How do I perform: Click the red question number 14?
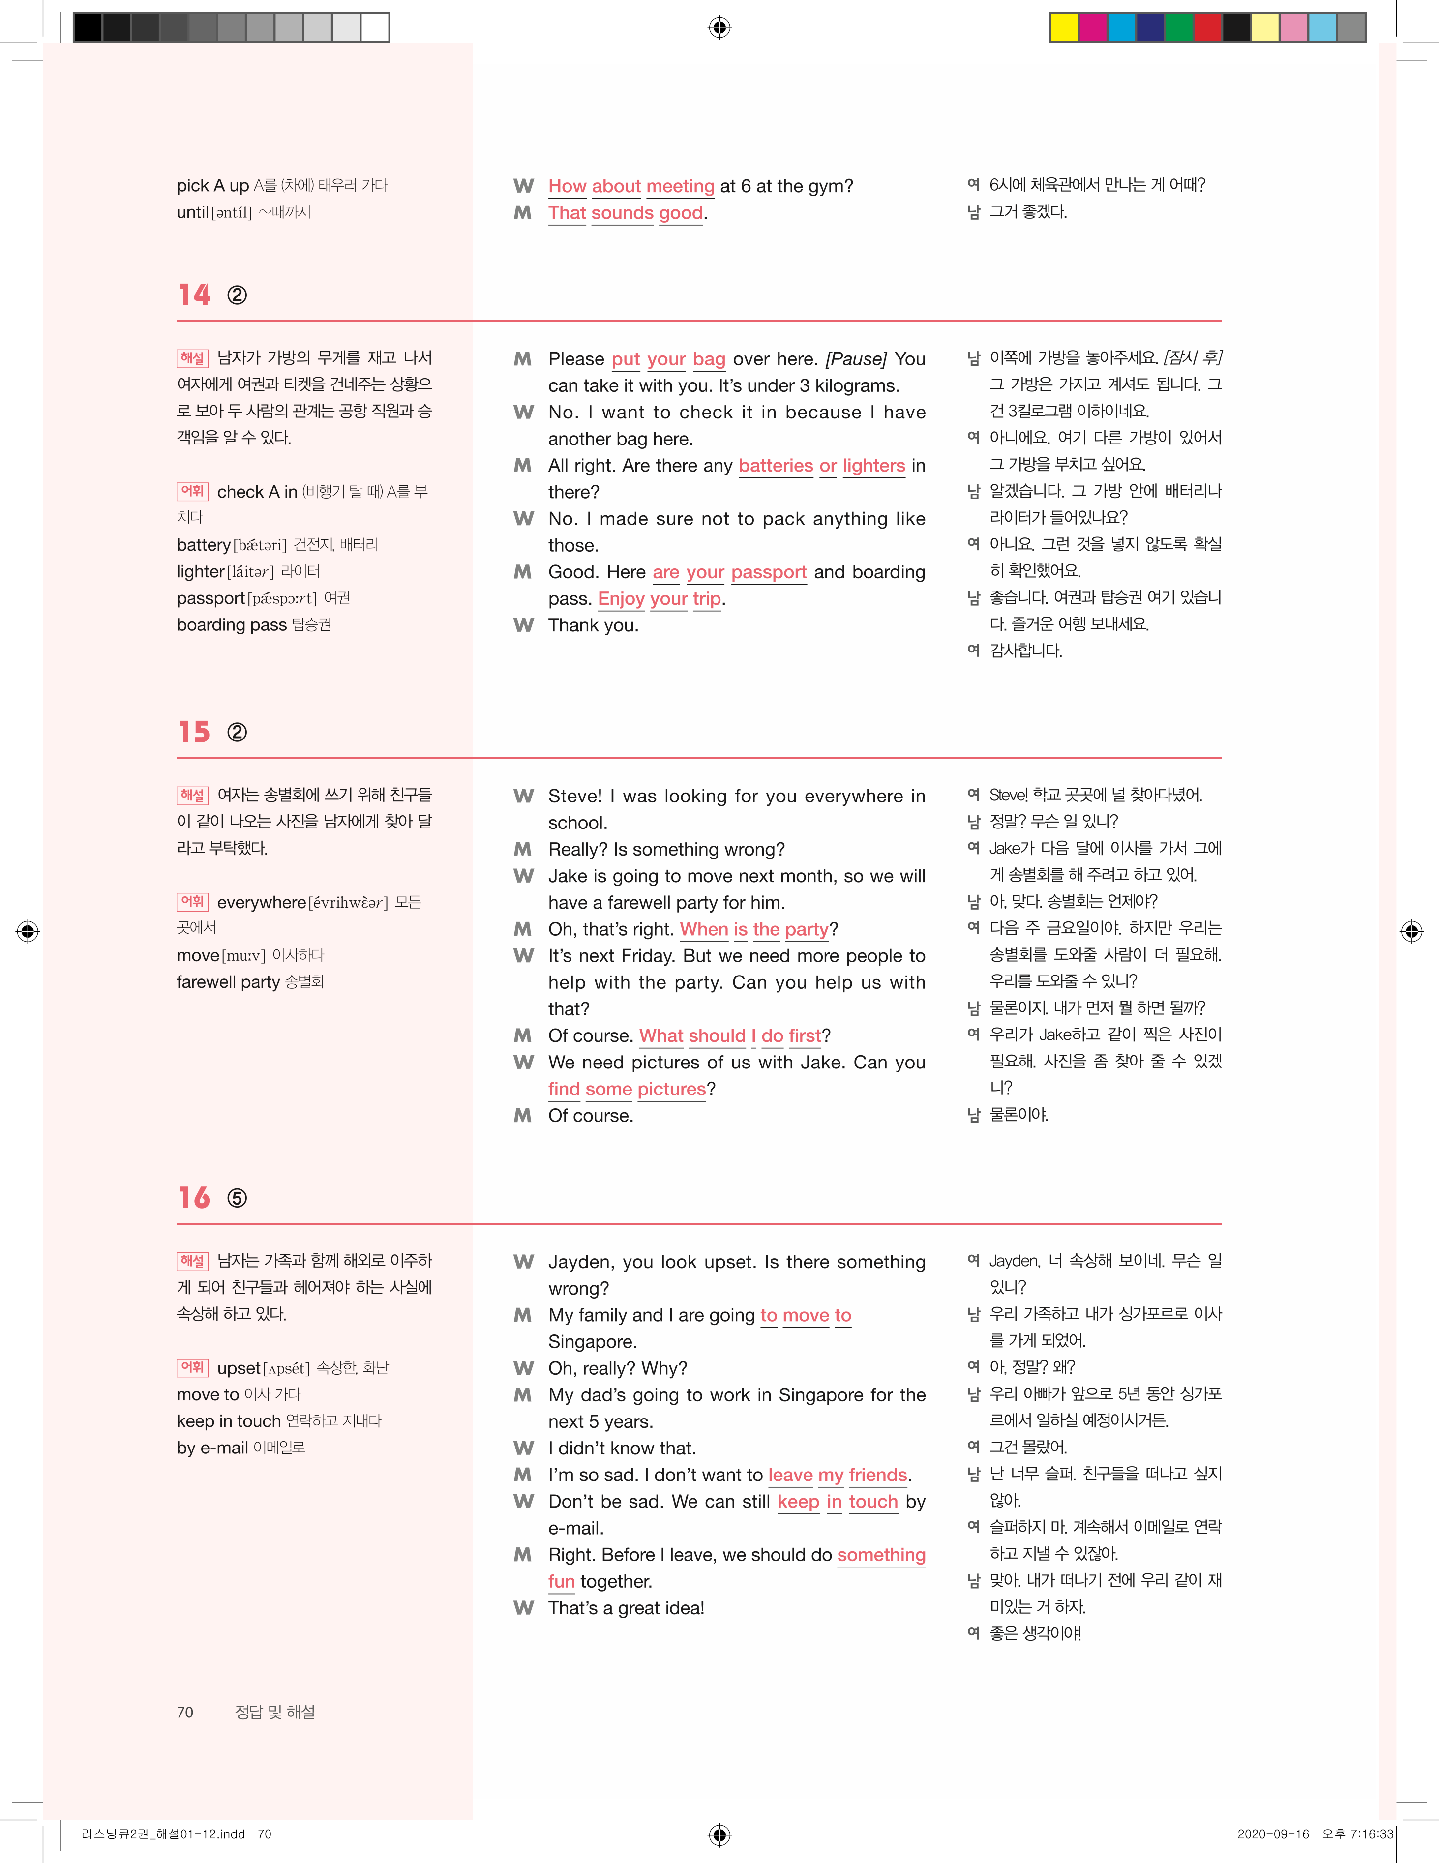click(194, 295)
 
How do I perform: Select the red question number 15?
click(194, 732)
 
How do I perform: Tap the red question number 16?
click(194, 1198)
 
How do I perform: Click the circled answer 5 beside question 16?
click(237, 1199)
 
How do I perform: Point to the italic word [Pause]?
click(856, 359)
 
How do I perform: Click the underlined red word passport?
click(769, 572)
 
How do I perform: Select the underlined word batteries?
click(776, 466)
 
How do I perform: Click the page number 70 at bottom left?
click(185, 1712)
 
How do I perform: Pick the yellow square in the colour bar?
click(1064, 28)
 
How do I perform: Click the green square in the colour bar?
click(1179, 28)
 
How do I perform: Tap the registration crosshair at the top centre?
click(719, 28)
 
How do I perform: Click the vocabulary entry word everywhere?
click(261, 903)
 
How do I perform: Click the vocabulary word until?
click(192, 212)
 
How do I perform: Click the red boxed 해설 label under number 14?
click(192, 358)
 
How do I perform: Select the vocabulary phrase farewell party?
click(228, 982)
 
